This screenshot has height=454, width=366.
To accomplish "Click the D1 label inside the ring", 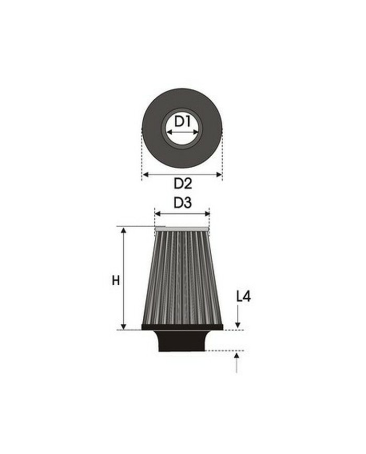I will click(181, 122).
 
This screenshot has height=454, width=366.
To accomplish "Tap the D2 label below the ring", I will click(182, 183).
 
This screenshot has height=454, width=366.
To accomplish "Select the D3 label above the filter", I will click(182, 203).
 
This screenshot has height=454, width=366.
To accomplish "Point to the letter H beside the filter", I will click(116, 281).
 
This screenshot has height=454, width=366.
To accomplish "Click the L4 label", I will click(243, 297).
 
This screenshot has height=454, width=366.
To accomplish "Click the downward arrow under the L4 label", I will click(237, 318).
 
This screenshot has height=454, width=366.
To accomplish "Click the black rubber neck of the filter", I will click(182, 341).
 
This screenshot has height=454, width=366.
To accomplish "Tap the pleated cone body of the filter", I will click(182, 277).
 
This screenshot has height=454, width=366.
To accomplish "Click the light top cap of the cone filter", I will click(182, 228).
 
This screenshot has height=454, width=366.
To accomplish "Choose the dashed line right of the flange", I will click(234, 330).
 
